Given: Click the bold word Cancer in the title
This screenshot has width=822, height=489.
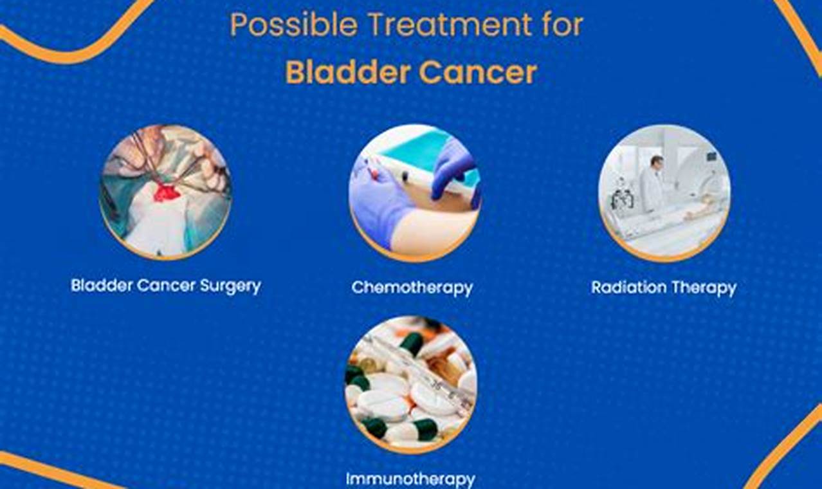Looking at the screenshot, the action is pyautogui.click(x=478, y=73).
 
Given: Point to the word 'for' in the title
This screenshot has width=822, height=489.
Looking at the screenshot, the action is pyautogui.click(x=562, y=24).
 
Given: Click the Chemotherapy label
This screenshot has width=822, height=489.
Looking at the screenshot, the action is pyautogui.click(x=412, y=288).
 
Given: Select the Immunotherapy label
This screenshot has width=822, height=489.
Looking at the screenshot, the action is pyautogui.click(x=410, y=479).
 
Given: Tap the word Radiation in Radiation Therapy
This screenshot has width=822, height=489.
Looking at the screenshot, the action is pyautogui.click(x=628, y=287).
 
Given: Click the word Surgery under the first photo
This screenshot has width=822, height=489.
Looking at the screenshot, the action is pyautogui.click(x=230, y=286).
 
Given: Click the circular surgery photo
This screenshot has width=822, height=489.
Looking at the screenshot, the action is pyautogui.click(x=165, y=192).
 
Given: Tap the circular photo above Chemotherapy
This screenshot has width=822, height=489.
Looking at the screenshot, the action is pyautogui.click(x=415, y=193).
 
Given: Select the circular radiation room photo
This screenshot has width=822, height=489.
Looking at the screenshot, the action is pyautogui.click(x=664, y=193).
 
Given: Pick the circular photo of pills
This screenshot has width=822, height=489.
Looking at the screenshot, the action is pyautogui.click(x=411, y=385).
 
